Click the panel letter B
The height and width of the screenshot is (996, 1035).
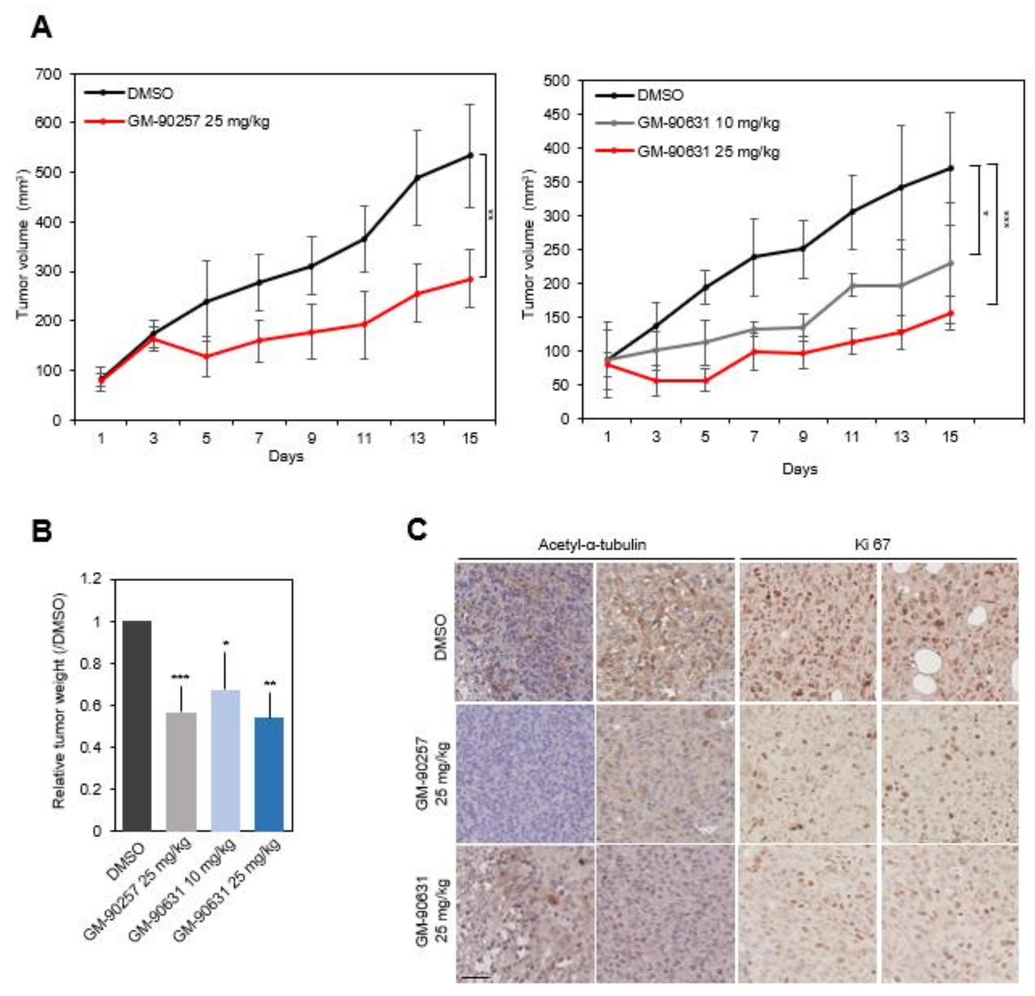pyautogui.click(x=42, y=531)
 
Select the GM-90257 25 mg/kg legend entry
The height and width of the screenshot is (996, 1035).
pyautogui.click(x=198, y=121)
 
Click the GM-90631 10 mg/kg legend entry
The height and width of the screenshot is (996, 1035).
pyautogui.click(x=708, y=123)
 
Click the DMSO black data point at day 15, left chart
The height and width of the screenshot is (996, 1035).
pyautogui.click(x=470, y=155)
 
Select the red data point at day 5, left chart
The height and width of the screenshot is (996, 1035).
pyautogui.click(x=206, y=356)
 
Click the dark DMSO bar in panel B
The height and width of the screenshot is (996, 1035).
pyautogui.click(x=137, y=726)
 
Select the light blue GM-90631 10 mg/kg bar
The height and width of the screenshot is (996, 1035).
pyautogui.click(x=225, y=760)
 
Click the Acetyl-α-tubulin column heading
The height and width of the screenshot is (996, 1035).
pyautogui.click(x=592, y=545)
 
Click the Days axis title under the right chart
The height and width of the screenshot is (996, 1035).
pyautogui.click(x=799, y=469)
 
